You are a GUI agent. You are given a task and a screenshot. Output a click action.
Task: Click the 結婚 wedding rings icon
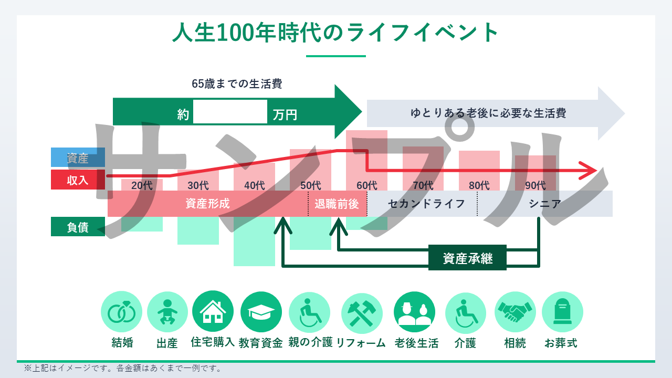click(121, 312)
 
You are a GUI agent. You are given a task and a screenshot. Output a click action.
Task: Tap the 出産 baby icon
click(167, 312)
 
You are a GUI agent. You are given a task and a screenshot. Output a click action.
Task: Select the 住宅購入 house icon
click(213, 312)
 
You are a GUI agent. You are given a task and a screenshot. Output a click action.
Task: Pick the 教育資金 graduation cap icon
click(261, 312)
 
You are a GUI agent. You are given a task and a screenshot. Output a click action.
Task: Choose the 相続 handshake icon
click(515, 312)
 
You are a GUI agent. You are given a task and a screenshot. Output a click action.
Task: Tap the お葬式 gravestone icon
click(562, 312)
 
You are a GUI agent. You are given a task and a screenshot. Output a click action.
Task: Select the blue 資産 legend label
click(78, 157)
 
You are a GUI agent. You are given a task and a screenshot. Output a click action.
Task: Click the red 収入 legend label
click(78, 180)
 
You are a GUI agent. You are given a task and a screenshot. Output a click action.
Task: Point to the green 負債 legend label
click(78, 227)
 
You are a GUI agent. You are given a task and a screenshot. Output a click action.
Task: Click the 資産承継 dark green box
click(467, 258)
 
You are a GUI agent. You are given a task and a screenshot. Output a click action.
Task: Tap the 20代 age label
click(142, 185)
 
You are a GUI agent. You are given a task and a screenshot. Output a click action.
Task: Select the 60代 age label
click(366, 185)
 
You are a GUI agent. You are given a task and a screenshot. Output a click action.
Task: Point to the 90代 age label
click(535, 185)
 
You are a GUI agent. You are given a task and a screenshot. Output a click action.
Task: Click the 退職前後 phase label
click(337, 204)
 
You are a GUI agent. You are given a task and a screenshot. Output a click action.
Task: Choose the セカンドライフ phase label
click(426, 204)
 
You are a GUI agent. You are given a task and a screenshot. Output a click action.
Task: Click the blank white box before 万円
click(230, 112)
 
